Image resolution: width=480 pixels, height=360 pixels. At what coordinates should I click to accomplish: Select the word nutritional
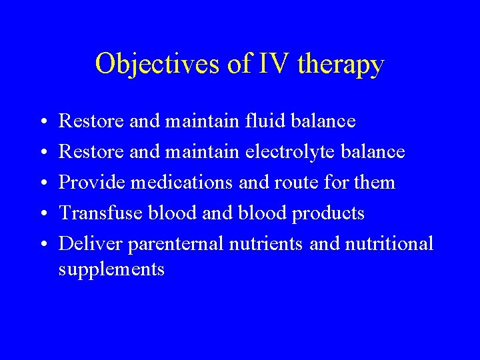point(389,244)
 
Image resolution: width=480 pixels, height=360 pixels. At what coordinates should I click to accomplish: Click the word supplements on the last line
point(111,270)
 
